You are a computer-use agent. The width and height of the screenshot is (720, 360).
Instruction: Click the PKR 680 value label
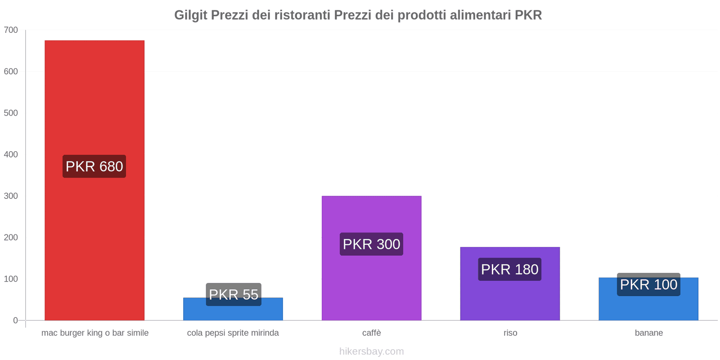pyautogui.click(x=94, y=166)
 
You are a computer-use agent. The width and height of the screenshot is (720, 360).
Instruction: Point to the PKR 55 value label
pyautogui.click(x=234, y=294)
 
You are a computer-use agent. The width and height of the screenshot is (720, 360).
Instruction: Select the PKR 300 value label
pyautogui.click(x=371, y=244)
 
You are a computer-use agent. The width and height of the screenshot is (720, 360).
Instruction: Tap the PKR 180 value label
pyautogui.click(x=510, y=269)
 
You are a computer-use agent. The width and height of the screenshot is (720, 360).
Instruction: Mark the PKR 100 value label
pyautogui.click(x=648, y=284)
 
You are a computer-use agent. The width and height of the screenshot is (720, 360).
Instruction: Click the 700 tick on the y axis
pyautogui.click(x=11, y=30)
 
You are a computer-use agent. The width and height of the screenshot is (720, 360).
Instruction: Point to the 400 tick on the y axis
pyautogui.click(x=11, y=154)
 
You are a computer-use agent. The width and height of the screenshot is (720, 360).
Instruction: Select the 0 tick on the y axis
pyautogui.click(x=15, y=320)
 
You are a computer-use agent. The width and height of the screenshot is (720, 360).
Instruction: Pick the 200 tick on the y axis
pyautogui.click(x=11, y=238)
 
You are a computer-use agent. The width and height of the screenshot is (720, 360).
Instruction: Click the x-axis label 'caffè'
pyautogui.click(x=371, y=333)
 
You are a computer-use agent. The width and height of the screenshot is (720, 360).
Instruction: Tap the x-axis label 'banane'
pyautogui.click(x=648, y=333)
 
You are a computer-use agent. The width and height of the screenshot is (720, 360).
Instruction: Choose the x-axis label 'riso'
pyautogui.click(x=510, y=333)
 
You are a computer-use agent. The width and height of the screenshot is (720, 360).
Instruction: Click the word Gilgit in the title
pyautogui.click(x=191, y=15)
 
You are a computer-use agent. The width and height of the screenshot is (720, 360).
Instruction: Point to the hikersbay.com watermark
pyautogui.click(x=371, y=351)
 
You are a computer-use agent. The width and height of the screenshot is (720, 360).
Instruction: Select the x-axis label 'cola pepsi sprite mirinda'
pyautogui.click(x=233, y=333)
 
